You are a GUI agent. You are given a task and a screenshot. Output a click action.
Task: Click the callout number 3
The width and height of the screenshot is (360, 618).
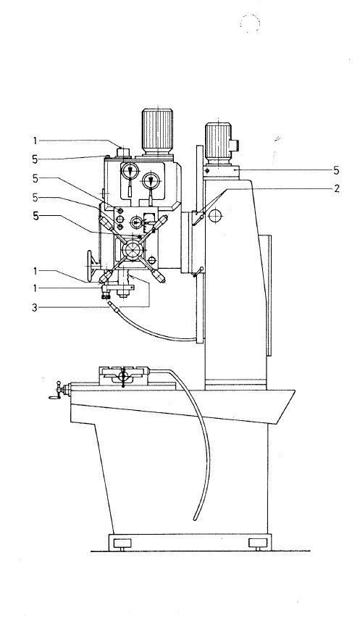click(x=34, y=307)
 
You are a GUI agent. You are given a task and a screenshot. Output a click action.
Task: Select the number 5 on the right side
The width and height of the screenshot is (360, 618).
click(x=337, y=170)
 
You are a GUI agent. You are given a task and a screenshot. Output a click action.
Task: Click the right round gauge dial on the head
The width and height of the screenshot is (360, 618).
click(x=151, y=180)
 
